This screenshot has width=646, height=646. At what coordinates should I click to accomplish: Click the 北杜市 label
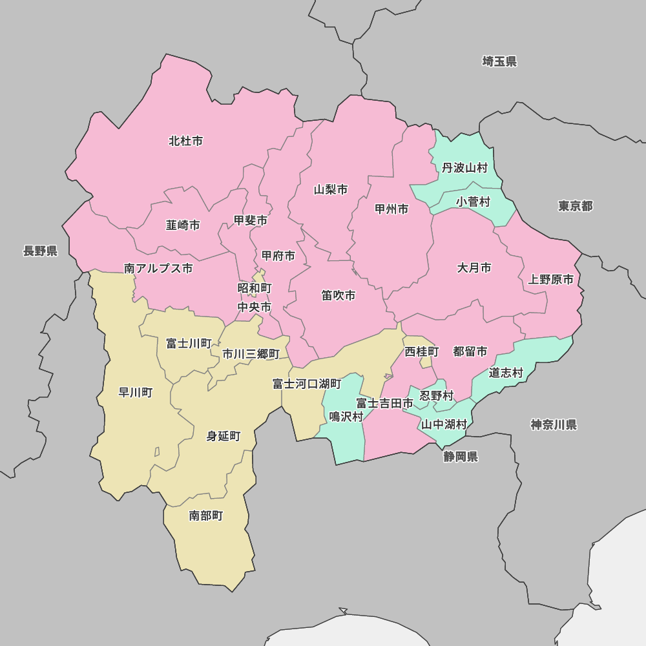pyautogui.click(x=185, y=141)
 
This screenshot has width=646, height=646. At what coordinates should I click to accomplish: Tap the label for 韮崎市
pyautogui.click(x=183, y=225)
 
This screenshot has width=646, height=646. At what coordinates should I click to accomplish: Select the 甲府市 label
pyautogui.click(x=278, y=256)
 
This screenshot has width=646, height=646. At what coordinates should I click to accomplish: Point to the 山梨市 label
pyautogui.click(x=331, y=189)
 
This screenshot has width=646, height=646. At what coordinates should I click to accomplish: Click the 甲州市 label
pyautogui.click(x=391, y=209)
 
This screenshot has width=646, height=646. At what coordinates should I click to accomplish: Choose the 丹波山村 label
pyautogui.click(x=464, y=168)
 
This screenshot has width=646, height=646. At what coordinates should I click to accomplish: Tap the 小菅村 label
pyautogui.click(x=473, y=202)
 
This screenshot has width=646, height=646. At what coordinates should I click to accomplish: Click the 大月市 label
pyautogui.click(x=474, y=267)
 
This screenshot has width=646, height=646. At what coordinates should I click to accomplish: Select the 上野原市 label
pyautogui.click(x=550, y=280)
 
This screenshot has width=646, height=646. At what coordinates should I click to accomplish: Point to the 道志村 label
pyautogui.click(x=506, y=373)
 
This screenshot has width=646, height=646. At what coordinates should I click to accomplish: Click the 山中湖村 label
pyautogui.click(x=444, y=424)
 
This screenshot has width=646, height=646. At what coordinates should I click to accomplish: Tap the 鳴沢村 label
pyautogui.click(x=346, y=417)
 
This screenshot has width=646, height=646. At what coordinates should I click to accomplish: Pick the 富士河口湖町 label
pyautogui.click(x=307, y=384)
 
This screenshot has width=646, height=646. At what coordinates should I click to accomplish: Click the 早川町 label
pyautogui.click(x=136, y=392)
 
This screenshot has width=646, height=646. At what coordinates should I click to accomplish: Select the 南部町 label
pyautogui.click(x=206, y=516)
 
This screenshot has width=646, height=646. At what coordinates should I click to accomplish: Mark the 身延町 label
pyautogui.click(x=224, y=436)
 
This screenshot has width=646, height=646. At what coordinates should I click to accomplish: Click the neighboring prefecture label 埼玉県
pyautogui.click(x=499, y=61)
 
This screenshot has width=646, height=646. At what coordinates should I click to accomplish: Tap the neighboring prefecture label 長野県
pyautogui.click(x=40, y=251)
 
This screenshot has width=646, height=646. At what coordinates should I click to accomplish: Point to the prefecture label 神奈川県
pyautogui.click(x=554, y=424)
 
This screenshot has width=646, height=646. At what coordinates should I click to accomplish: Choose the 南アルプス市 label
pyautogui.click(x=158, y=269)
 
